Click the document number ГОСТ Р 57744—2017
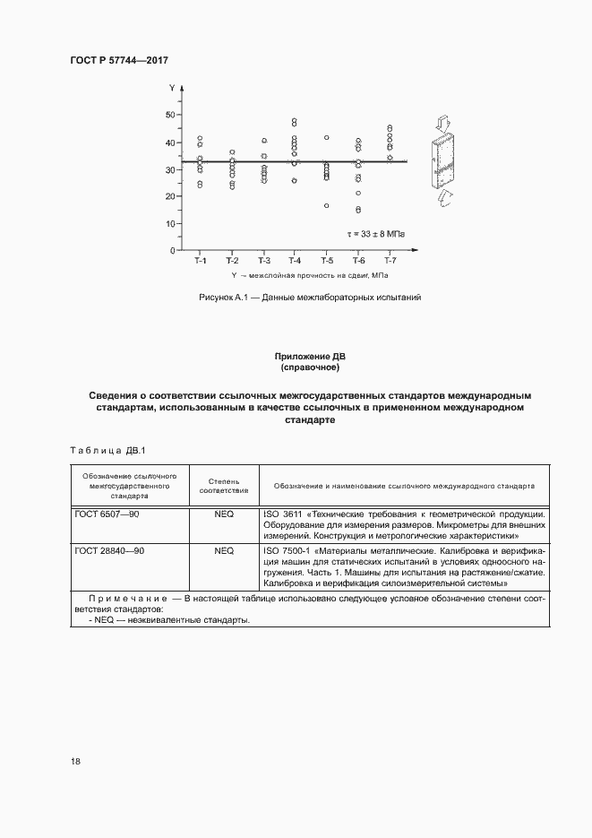pyautogui.click(x=119, y=60)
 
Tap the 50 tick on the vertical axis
pyautogui.click(x=170, y=116)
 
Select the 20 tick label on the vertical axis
pyautogui.click(x=170, y=196)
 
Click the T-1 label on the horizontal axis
pyautogui.click(x=200, y=261)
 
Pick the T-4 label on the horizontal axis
pyautogui.click(x=294, y=261)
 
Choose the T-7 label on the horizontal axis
pyautogui.click(x=390, y=261)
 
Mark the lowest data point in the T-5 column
pyautogui.click(x=326, y=205)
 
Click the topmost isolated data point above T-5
pyautogui.click(x=327, y=137)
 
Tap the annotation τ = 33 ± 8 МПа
pyautogui.click(x=375, y=234)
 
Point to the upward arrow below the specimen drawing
pyautogui.click(x=444, y=198)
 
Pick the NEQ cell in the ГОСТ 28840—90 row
pyautogui.click(x=224, y=549)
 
